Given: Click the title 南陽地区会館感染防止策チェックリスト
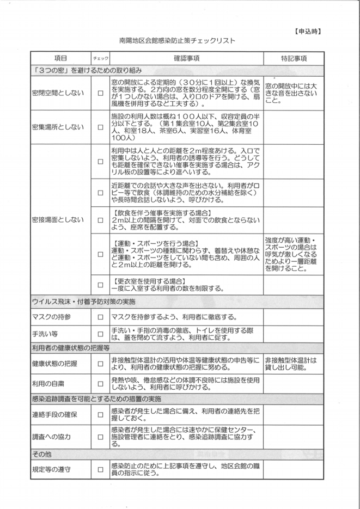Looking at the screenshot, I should point(176,40).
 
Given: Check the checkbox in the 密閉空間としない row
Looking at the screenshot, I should point(100,93).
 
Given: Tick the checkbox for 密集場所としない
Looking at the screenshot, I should point(100,127).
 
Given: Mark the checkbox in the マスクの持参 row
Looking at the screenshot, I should point(100,317).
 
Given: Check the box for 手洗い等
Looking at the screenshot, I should point(100,334).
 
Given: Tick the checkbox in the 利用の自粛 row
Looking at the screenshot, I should point(100,384).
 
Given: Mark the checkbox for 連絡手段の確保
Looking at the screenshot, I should point(100,415).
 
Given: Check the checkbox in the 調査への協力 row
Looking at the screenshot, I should point(100,437).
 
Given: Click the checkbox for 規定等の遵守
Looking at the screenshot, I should point(100,469).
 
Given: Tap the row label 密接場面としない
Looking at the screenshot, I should point(59,219).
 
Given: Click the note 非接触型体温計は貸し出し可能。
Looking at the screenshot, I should point(291,364).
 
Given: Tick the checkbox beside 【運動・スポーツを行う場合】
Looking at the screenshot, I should point(100,254).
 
